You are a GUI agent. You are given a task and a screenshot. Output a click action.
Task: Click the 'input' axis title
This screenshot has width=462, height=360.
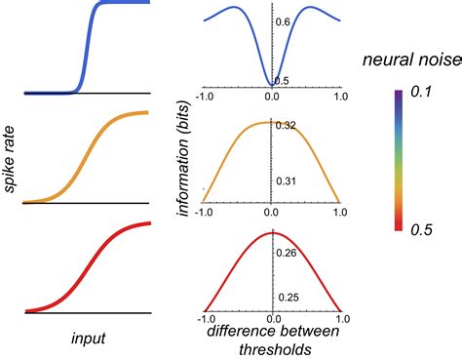(x=88, y=338)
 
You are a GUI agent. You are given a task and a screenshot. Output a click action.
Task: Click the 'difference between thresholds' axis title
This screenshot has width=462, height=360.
(x=272, y=339)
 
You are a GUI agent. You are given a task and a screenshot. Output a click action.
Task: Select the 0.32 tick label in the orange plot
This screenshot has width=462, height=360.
(x=287, y=126)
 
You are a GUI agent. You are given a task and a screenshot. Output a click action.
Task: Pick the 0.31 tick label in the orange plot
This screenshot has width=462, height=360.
(x=287, y=181)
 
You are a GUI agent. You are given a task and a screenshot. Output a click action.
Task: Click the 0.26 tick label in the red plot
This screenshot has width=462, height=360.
(x=287, y=253)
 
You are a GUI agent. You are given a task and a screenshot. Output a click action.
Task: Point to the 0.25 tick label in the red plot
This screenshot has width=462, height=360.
(x=287, y=297)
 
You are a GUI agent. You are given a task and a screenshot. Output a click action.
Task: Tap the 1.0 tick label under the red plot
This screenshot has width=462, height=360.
(x=339, y=319)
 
